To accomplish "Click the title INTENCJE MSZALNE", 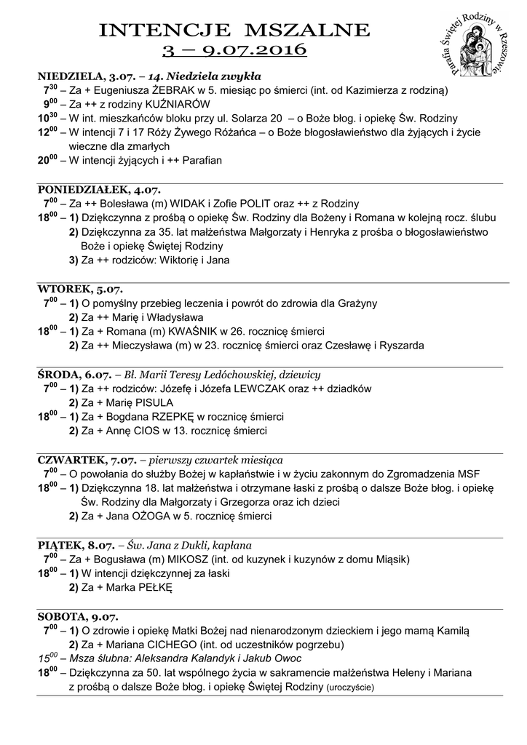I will click(x=234, y=31).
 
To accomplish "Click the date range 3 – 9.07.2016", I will click(x=234, y=51).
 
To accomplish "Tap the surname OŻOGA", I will click(x=152, y=516).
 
